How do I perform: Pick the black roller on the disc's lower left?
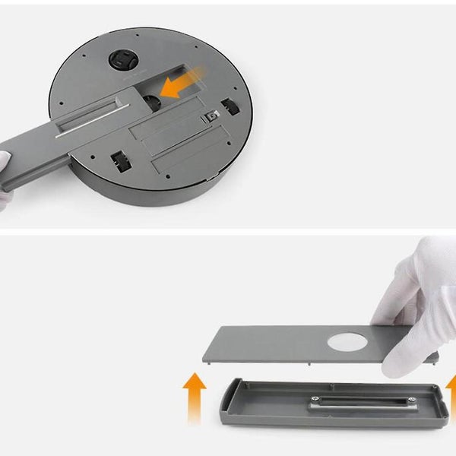pos(119,160)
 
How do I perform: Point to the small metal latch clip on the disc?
pos(213,116)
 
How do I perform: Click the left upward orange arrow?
pos(195,396)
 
